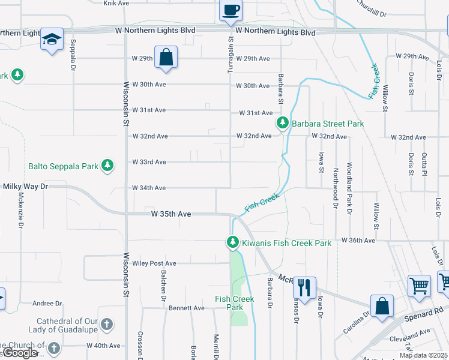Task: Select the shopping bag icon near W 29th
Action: [x=166, y=57]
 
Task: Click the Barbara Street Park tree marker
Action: [x=282, y=124]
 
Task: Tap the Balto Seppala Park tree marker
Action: [x=107, y=165]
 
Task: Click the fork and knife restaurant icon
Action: [x=304, y=287]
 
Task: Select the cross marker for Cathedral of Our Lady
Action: [x=106, y=325]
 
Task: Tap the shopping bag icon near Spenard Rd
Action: [x=382, y=305]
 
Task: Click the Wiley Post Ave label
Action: [x=154, y=263]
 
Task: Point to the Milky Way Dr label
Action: [x=25, y=187]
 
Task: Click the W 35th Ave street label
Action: [x=171, y=214]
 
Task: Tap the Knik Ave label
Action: [x=116, y=3]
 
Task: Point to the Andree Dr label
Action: [x=47, y=304]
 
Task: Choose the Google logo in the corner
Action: [x=20, y=353]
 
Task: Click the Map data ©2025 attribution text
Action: [x=423, y=355]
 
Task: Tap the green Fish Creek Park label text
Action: [x=235, y=303]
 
